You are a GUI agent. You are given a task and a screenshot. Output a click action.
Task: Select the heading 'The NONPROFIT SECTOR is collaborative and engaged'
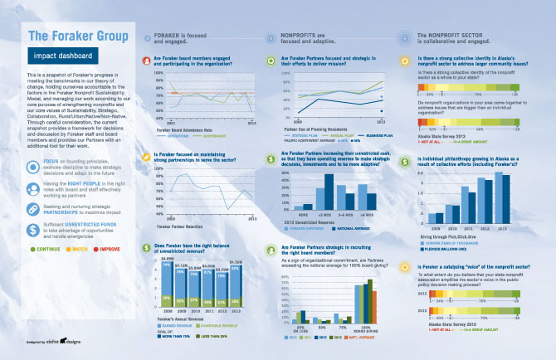[x=449, y=40]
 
